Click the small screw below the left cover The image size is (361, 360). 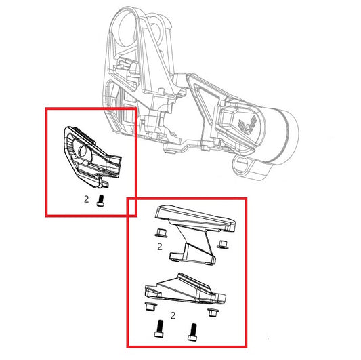(x=102, y=200)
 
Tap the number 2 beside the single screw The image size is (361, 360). (x=86, y=199)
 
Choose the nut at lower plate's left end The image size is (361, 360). (x=148, y=309)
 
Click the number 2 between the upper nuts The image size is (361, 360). (x=159, y=248)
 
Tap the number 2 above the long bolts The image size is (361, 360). (x=174, y=315)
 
